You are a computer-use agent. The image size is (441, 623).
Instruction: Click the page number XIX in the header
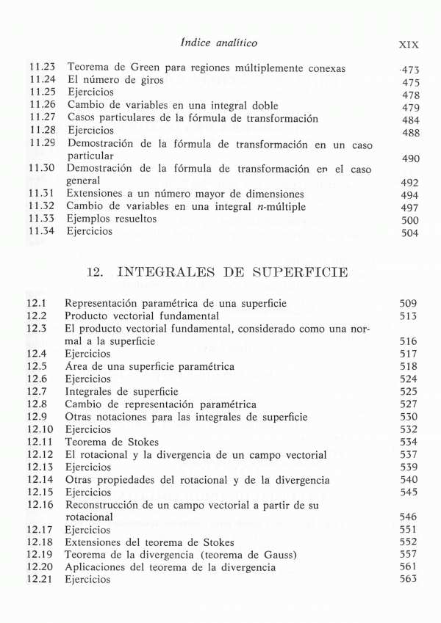(x=408, y=44)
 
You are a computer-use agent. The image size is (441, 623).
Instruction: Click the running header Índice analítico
(x=220, y=43)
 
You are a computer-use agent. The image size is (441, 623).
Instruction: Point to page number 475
(x=411, y=83)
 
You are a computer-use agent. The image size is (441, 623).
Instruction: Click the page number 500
(x=410, y=220)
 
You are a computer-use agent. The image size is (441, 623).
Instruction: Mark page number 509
(x=409, y=303)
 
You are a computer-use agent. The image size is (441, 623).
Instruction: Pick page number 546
(x=409, y=517)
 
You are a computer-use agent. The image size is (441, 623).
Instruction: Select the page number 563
(x=409, y=580)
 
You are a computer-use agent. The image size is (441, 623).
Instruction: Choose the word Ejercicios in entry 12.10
(x=88, y=429)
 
